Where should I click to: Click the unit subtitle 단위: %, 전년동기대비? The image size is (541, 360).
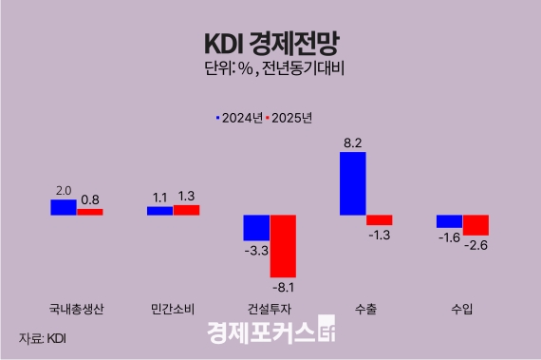[270, 68]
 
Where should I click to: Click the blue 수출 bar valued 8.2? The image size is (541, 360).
[352, 183]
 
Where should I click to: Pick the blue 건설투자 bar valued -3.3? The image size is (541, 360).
[256, 228]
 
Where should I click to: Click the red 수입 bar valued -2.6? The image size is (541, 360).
[476, 225]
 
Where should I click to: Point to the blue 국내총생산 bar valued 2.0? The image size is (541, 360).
[63, 207]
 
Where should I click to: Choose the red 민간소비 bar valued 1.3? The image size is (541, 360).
[186, 210]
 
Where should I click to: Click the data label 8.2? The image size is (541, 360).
[352, 143]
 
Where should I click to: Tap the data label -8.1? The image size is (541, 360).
[286, 285]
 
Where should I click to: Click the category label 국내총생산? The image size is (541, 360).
[76, 310]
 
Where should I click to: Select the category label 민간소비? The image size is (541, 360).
[173, 310]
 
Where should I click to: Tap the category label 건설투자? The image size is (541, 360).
[270, 310]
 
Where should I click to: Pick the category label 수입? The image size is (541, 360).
[462, 310]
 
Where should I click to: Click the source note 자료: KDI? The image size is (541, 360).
[42, 337]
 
